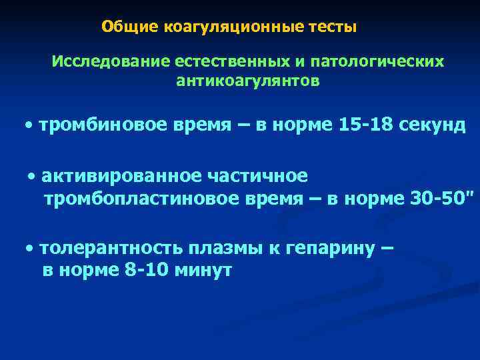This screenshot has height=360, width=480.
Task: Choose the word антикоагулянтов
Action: pyautogui.click(x=248, y=81)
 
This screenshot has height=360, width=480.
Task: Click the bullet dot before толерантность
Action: pyautogui.click(x=31, y=249)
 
